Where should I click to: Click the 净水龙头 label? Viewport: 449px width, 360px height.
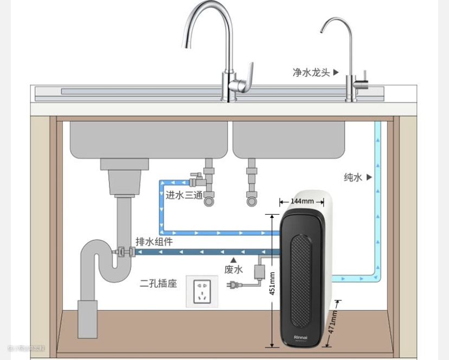coord(311,72)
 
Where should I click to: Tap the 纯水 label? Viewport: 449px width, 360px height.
coord(353,177)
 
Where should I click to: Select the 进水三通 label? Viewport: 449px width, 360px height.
coord(184,195)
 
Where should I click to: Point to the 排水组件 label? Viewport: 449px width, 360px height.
coord(154,242)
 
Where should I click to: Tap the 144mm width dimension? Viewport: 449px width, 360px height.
coord(302,201)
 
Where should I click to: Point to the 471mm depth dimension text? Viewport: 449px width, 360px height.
coord(333,324)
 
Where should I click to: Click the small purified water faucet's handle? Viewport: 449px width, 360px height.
coord(364,76)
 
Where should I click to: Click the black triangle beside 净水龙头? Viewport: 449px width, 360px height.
coord(336,72)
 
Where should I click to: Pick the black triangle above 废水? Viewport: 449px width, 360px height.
coord(233,260)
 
